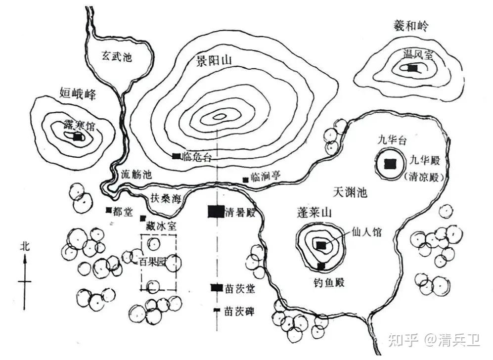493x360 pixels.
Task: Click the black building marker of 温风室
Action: coord(412,69)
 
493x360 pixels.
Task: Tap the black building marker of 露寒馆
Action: coord(77,138)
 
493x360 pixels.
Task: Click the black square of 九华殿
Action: coord(391,163)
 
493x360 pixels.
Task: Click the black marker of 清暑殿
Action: coord(216,212)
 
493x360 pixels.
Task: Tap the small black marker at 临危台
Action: coord(176,156)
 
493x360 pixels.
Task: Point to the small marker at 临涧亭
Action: coord(245,179)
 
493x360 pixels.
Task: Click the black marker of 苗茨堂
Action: coord(216,287)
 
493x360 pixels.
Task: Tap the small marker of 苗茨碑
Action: coord(216,310)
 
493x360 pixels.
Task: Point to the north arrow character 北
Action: coord(25,246)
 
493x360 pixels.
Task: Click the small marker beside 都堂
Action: coord(108,210)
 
